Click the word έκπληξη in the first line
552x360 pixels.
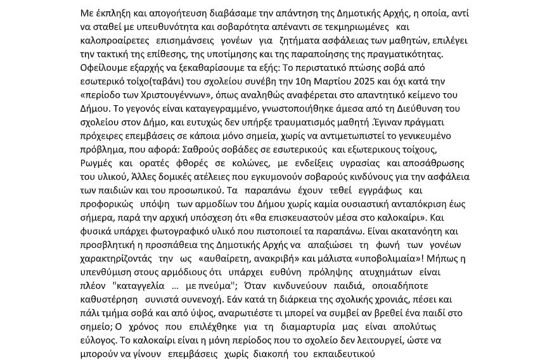[113, 13]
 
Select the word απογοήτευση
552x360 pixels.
[179, 13]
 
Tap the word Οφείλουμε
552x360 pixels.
[105, 67]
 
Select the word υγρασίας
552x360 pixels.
[356, 163]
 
